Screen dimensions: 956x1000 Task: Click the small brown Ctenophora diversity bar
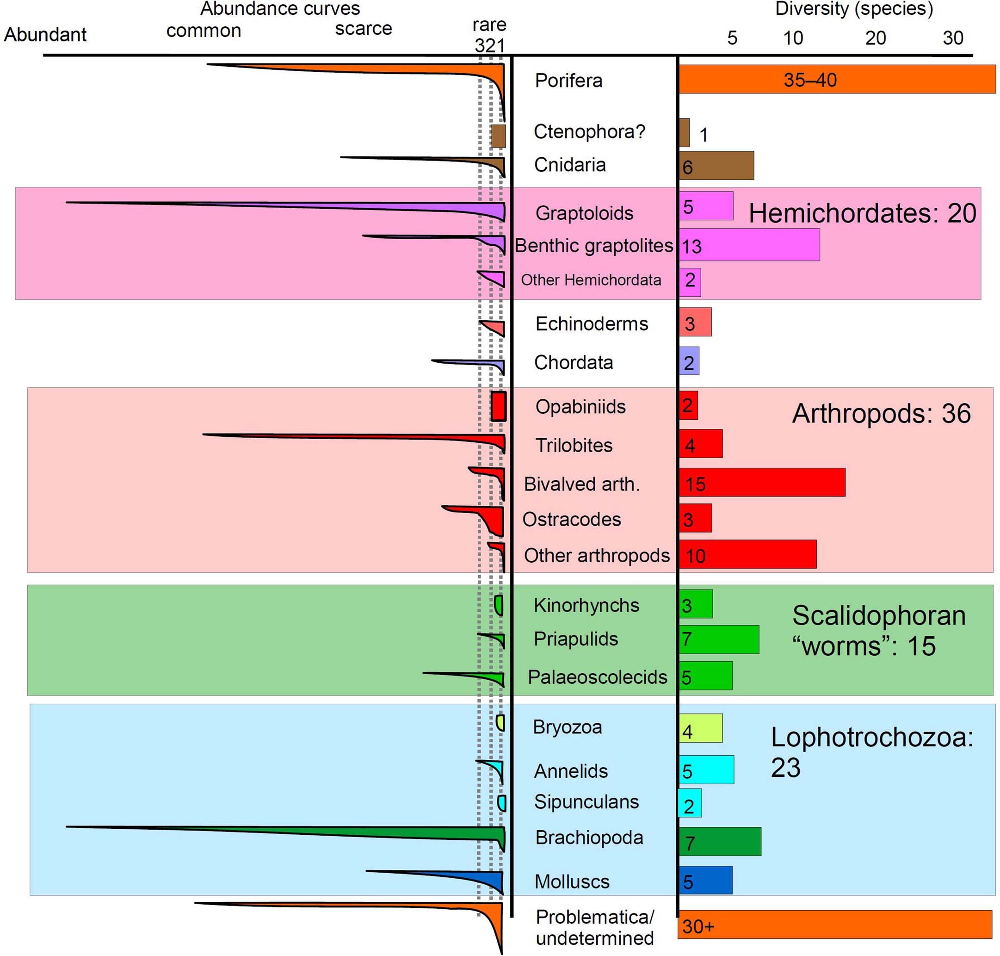pyautogui.click(x=684, y=133)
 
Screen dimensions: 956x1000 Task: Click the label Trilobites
pyautogui.click(x=574, y=446)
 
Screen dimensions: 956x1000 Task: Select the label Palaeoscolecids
pyautogui.click(x=597, y=677)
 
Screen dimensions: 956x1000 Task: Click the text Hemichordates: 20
pyautogui.click(x=862, y=213)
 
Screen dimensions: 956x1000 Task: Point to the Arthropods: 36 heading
pyautogui.click(x=881, y=413)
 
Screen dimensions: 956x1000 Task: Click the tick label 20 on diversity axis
pyautogui.click(x=875, y=37)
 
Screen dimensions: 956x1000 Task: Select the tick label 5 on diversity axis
pyautogui.click(x=732, y=37)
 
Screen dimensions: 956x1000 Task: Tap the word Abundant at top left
pyautogui.click(x=45, y=35)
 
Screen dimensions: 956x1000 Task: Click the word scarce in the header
pyautogui.click(x=363, y=29)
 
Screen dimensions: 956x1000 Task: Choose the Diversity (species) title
pyautogui.click(x=854, y=9)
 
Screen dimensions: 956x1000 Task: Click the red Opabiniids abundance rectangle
pyautogui.click(x=498, y=406)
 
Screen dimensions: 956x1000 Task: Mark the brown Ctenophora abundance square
pyautogui.click(x=498, y=136)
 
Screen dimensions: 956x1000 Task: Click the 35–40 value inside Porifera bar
pyautogui.click(x=810, y=80)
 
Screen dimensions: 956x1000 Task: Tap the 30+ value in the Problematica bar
pyautogui.click(x=698, y=926)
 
